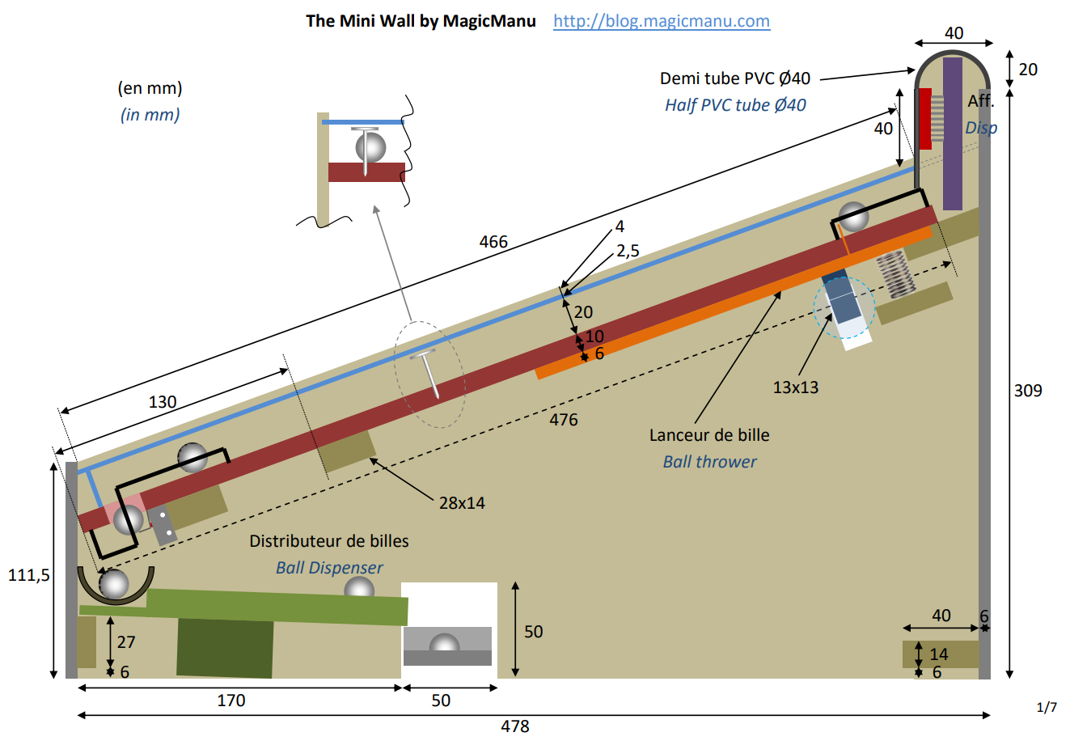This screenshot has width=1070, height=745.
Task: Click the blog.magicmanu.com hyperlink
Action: (661, 21)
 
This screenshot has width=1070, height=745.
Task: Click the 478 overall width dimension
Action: (515, 726)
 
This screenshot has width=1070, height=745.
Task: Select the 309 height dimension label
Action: (1028, 391)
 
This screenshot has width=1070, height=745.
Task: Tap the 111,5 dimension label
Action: (29, 575)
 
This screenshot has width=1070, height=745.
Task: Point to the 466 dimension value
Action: (493, 242)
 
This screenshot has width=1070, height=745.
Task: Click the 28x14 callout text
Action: (462, 503)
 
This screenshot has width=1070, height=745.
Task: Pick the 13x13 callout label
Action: (795, 387)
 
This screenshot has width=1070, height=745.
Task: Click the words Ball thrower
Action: (709, 462)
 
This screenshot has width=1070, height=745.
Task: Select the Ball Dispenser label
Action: (329, 568)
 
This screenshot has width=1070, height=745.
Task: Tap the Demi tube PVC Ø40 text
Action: (734, 78)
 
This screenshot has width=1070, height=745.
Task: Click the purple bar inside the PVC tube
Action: (953, 133)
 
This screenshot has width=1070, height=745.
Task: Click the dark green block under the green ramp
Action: (225, 647)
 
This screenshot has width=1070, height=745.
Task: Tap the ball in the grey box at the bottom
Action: (444, 645)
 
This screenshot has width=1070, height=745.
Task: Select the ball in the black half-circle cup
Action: (114, 583)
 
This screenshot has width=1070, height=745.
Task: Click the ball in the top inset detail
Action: (370, 148)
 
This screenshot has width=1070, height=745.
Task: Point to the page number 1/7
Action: (1047, 708)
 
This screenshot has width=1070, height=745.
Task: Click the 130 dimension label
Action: (163, 402)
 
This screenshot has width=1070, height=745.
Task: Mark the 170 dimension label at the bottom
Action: (231, 701)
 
